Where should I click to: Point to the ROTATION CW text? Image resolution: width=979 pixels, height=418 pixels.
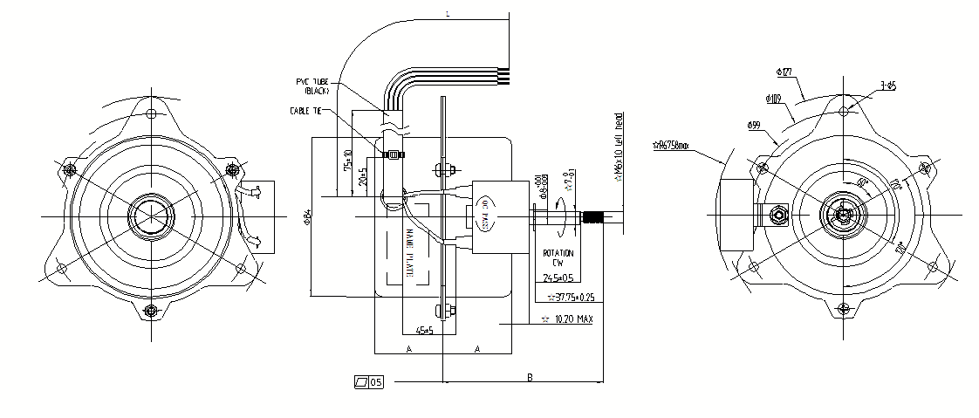pos(558,257)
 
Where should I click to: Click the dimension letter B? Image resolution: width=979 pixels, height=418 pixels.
pos(530,376)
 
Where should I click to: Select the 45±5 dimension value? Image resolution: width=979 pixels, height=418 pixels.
pos(425,331)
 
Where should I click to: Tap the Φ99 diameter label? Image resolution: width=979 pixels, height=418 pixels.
pos(755,127)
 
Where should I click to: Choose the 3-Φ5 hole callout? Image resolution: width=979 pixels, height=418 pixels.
pos(889,85)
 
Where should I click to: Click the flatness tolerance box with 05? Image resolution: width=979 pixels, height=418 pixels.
pos(368,382)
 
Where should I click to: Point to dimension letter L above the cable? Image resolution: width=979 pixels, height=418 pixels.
pos(448,15)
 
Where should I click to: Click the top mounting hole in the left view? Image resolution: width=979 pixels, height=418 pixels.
pos(153,113)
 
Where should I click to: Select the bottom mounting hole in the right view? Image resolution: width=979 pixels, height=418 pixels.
pos(842,306)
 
